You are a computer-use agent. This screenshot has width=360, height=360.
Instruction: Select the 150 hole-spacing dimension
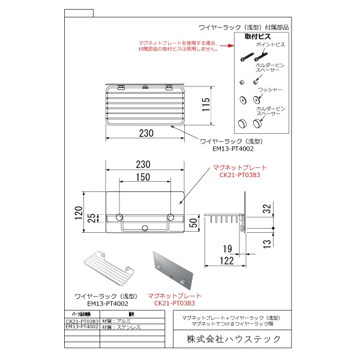142,178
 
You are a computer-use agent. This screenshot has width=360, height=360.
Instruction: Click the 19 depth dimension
227,249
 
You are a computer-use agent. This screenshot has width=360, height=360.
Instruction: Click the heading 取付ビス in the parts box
256,37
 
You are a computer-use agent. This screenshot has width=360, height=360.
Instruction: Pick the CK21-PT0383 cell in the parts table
82,321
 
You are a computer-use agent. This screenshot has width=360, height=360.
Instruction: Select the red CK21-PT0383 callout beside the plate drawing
240,176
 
